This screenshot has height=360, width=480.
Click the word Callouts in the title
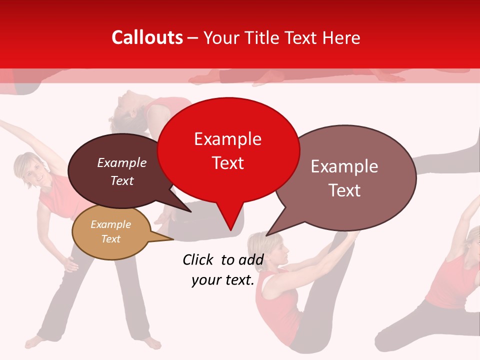coord(147,37)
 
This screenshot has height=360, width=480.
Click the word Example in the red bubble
coord(228,139)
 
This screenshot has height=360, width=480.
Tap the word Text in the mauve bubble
coord(344,190)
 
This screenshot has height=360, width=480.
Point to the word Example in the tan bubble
coord(110,224)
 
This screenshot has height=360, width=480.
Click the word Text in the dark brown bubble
coord(122,181)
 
